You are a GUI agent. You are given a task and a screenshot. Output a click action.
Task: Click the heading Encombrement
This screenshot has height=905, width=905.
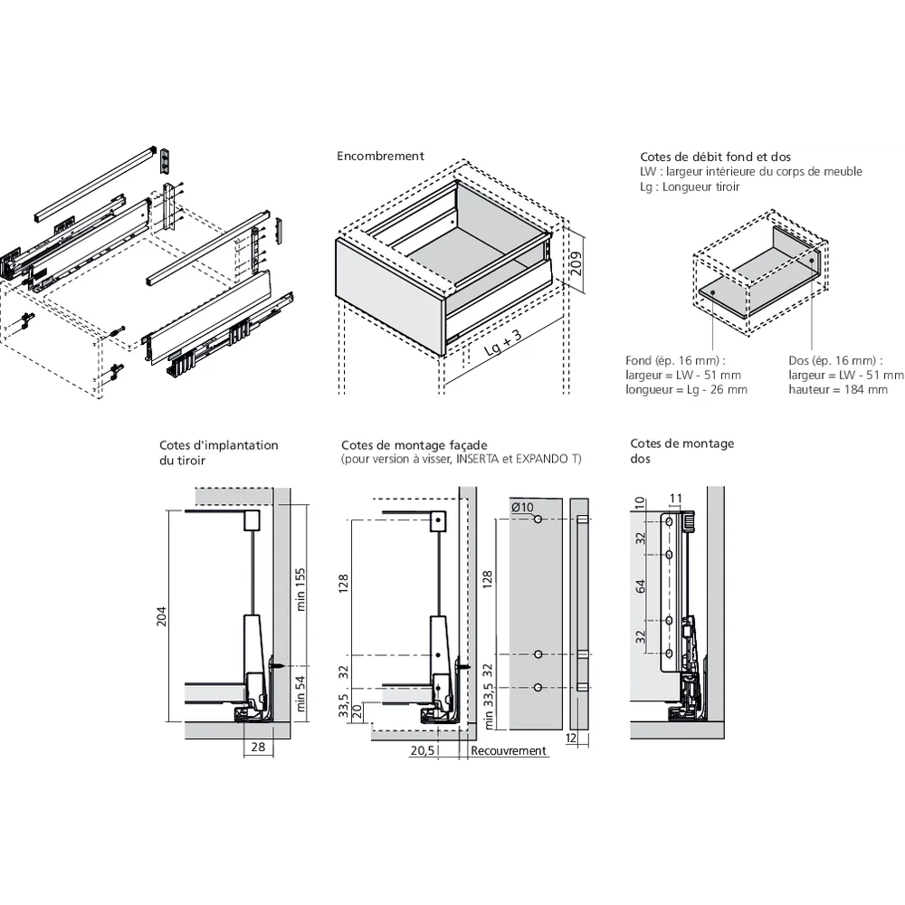[380, 156]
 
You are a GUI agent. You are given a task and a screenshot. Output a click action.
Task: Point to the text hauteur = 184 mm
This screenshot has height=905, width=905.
[838, 389]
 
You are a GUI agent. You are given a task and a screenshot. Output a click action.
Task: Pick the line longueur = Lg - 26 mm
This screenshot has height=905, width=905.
[686, 389]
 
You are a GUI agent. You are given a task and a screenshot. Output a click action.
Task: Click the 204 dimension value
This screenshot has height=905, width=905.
[162, 616]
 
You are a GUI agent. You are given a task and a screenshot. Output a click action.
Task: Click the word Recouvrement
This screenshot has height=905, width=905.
[509, 750]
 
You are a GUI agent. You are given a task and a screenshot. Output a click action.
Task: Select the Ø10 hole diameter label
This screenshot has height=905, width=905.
[522, 507]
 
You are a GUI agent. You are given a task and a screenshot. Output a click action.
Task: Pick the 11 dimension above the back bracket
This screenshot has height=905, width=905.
[675, 497]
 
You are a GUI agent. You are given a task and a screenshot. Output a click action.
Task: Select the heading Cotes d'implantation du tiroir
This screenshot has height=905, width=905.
[218, 452]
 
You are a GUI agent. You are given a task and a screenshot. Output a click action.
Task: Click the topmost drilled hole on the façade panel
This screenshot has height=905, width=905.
[538, 520]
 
